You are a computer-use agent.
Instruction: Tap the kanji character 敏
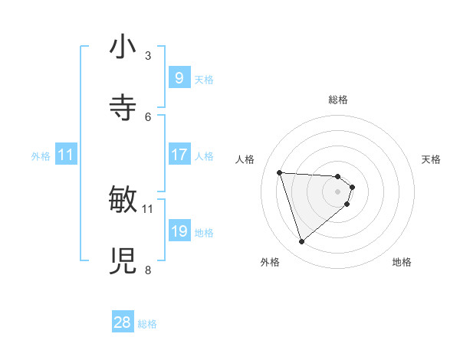pyautogui.click(x=123, y=200)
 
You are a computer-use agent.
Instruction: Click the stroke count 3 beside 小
pyautogui.click(x=148, y=55)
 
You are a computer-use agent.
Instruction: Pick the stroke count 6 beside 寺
pyautogui.click(x=148, y=116)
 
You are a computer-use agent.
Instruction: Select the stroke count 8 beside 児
pyautogui.click(x=148, y=270)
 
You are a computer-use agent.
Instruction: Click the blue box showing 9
pyautogui.click(x=179, y=77)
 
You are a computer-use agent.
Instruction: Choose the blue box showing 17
pyautogui.click(x=179, y=155)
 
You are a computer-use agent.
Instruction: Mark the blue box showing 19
pyautogui.click(x=179, y=231)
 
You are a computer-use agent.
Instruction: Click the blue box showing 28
pyautogui.click(x=123, y=322)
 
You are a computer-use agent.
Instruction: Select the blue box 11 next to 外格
pyautogui.click(x=66, y=155)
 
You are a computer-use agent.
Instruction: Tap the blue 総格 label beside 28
pyautogui.click(x=147, y=324)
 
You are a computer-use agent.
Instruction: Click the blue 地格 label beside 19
pyautogui.click(x=204, y=233)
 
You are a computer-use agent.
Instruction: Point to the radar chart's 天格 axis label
pyautogui.click(x=431, y=159)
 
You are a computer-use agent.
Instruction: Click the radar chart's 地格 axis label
pyautogui.click(x=402, y=262)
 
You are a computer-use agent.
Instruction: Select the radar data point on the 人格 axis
pyautogui.click(x=280, y=172)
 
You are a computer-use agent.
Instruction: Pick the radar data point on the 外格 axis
pyautogui.click(x=301, y=242)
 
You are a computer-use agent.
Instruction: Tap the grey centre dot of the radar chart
pyautogui.click(x=337, y=191)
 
